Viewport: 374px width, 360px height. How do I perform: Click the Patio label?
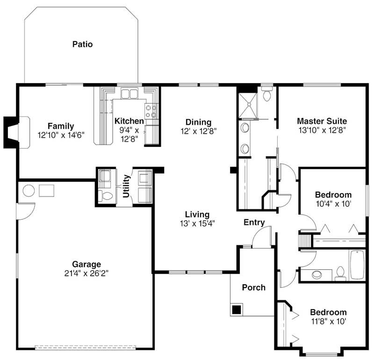click(82, 44)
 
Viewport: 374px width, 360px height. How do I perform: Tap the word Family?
click(61, 126)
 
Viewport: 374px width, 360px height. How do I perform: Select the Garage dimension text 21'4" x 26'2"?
click(86, 273)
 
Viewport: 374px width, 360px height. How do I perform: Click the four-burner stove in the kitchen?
click(151, 110)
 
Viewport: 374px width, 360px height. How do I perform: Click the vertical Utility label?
click(126, 186)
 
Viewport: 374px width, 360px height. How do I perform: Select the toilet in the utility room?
click(107, 195)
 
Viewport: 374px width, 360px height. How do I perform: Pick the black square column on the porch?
click(237, 309)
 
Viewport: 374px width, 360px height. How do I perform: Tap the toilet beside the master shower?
click(267, 95)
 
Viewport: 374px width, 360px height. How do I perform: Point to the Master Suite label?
click(322, 122)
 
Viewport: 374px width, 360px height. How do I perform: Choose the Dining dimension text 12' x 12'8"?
click(198, 131)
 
